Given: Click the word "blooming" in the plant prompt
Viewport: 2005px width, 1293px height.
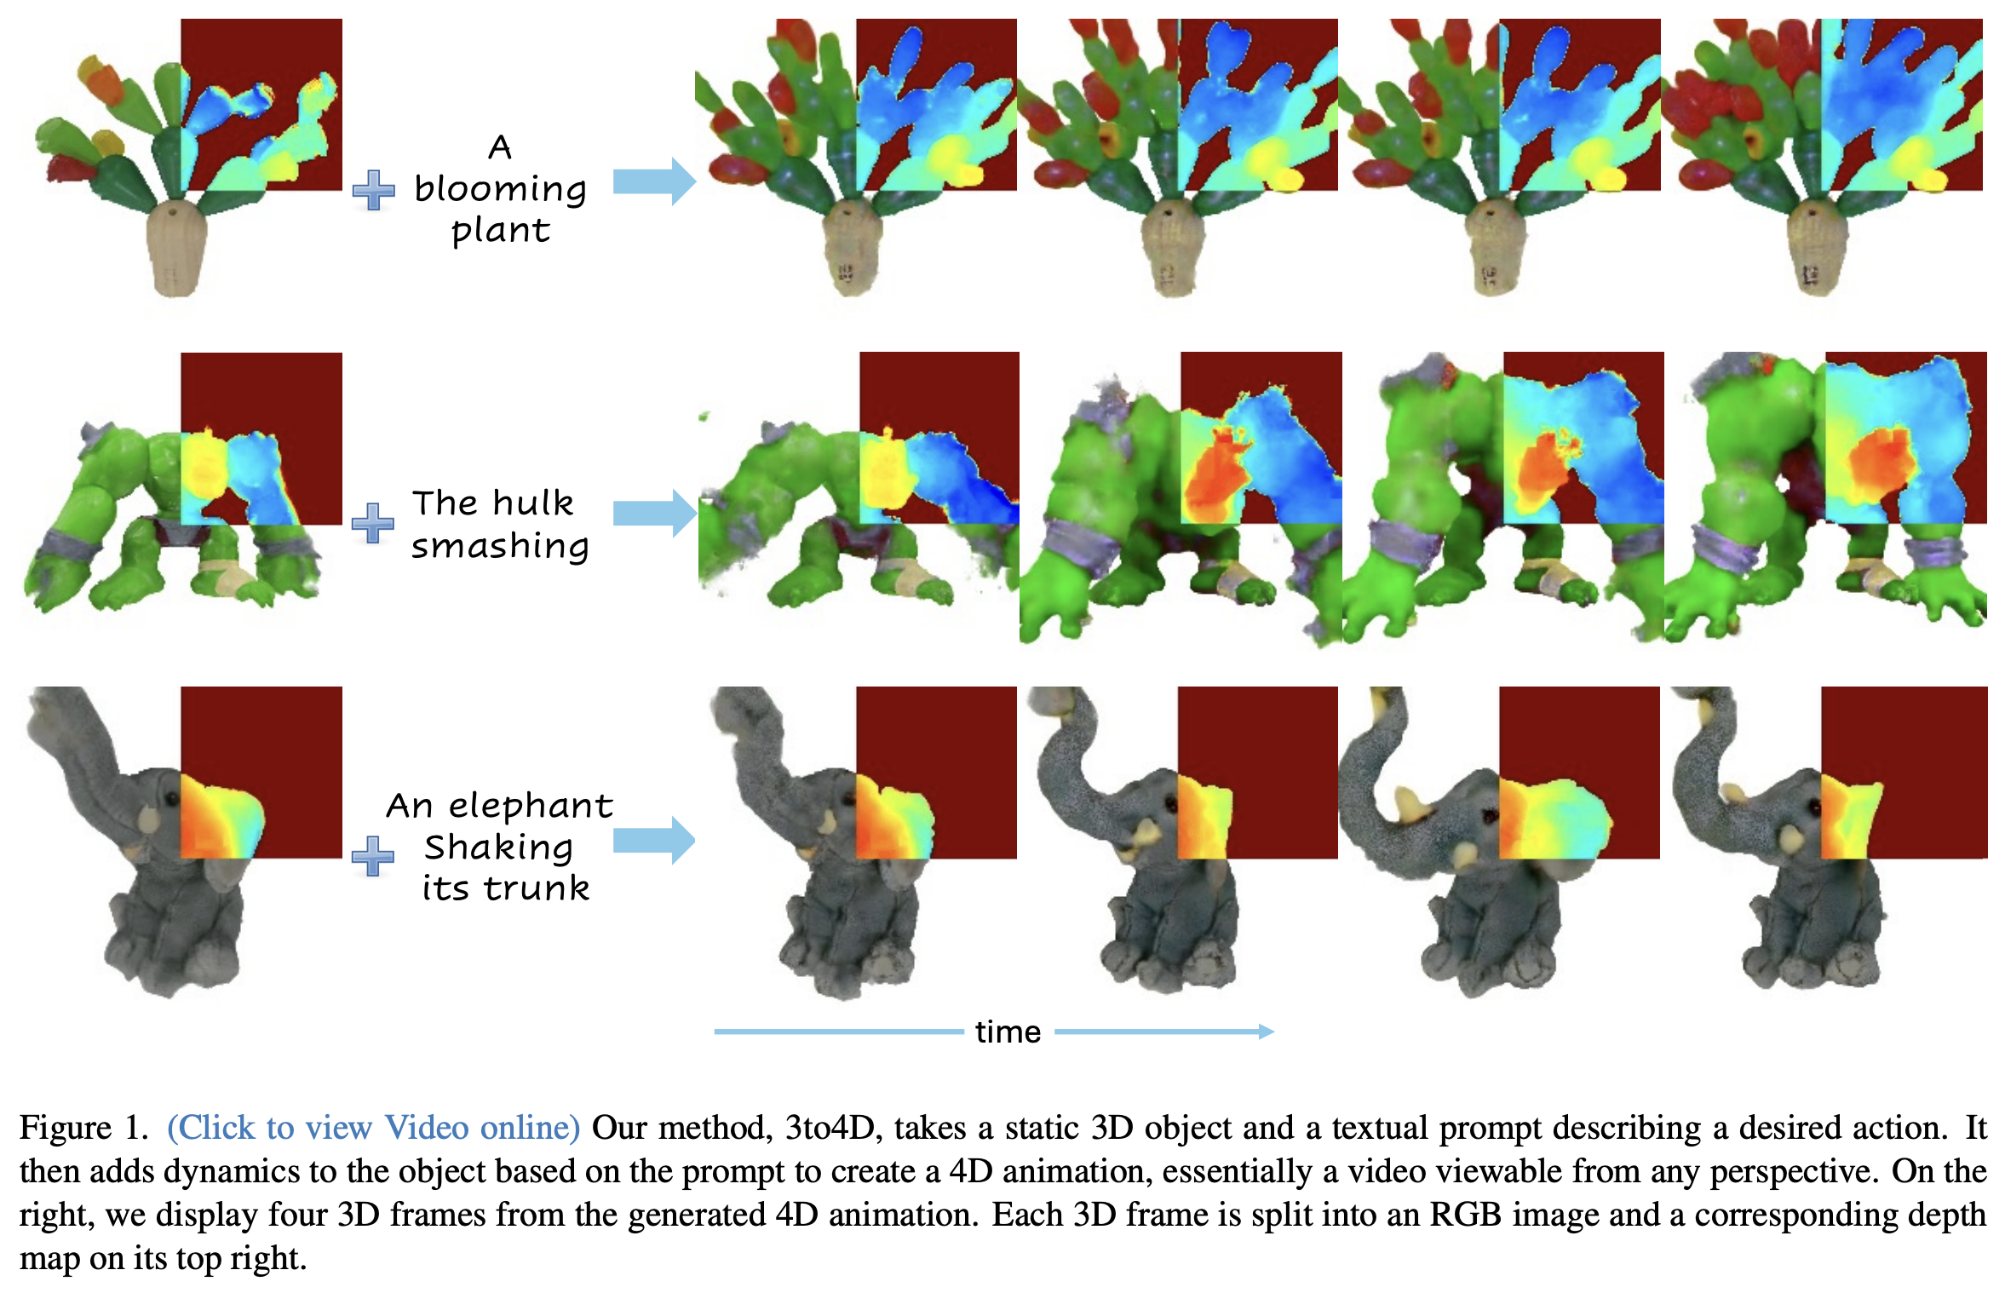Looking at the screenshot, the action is pos(500,190).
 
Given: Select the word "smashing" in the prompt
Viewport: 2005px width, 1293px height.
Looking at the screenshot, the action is pos(500,546).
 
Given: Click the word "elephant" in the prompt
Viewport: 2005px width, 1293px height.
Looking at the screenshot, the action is pos(530,806).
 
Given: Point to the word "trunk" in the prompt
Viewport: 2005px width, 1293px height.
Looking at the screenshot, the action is pos(536,888).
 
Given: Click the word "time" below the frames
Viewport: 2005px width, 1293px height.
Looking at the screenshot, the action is pos(1008,1032).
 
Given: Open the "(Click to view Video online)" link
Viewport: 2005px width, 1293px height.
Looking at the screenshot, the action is pos(373,1128).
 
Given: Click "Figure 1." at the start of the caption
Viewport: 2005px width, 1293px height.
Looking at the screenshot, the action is pos(83,1128).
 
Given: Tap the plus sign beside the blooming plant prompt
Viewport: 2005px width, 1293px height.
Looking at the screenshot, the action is pos(374,190).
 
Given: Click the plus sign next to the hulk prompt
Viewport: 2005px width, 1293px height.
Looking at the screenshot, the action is pos(373,523).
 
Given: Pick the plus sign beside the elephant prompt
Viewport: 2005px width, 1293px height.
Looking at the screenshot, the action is pos(373,856).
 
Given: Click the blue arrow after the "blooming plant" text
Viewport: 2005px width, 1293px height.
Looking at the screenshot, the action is pos(654,181).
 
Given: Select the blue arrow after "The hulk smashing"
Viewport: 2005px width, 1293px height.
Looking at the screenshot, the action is pos(654,513).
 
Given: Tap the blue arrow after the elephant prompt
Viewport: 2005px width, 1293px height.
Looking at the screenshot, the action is pos(654,841).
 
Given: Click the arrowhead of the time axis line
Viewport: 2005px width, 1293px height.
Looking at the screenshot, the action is pos(1267,1032).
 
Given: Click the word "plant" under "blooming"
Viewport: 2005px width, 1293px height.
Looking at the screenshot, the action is pos(501,231).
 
